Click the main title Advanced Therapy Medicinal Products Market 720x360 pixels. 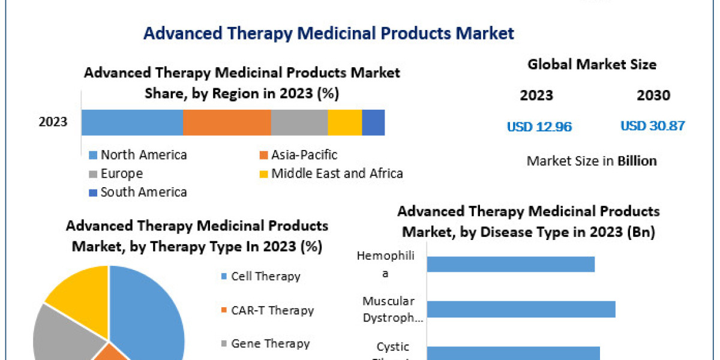pyautogui.click(x=329, y=33)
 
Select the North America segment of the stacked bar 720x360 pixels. pyautogui.click(x=132, y=122)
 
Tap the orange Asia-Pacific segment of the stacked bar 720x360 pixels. pyautogui.click(x=227, y=122)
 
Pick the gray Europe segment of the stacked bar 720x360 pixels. pyautogui.click(x=299, y=122)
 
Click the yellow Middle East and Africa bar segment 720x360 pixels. pyautogui.click(x=345, y=122)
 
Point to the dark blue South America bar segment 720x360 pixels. pyautogui.click(x=373, y=122)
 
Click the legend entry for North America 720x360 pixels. pyautogui.click(x=143, y=155)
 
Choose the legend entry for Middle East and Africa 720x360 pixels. pyautogui.click(x=337, y=173)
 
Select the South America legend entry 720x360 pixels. pyautogui.click(x=143, y=192)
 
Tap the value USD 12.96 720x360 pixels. pyautogui.click(x=539, y=127)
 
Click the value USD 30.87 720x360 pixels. pyautogui.click(x=652, y=126)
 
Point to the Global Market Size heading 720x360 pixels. pyautogui.click(x=592, y=64)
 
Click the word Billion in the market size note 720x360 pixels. pyautogui.click(x=637, y=161)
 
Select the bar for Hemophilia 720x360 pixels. pyautogui.click(x=511, y=264)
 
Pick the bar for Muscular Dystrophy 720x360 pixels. pyautogui.click(x=521, y=309)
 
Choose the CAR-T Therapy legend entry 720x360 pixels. pyautogui.click(x=272, y=310)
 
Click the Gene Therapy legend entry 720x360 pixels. pyautogui.click(x=270, y=344)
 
